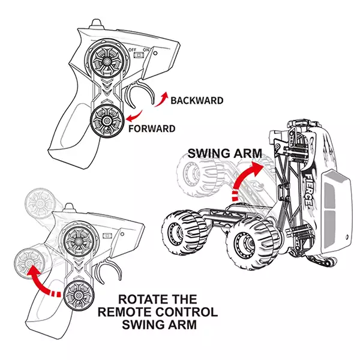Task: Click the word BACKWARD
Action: pyautogui.click(x=197, y=100)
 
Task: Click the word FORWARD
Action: pyautogui.click(x=152, y=128)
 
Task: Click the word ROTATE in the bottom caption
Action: pyautogui.click(x=140, y=299)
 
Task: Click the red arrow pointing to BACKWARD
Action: pyautogui.click(x=161, y=99)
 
